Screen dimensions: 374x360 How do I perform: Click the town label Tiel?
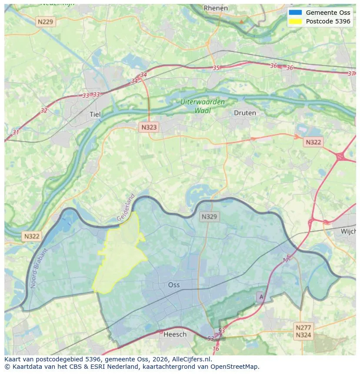click(x=95, y=114)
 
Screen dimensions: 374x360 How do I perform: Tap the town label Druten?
click(x=245, y=113)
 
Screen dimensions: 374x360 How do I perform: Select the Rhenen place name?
click(x=216, y=8)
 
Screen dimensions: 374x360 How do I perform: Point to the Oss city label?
click(x=174, y=285)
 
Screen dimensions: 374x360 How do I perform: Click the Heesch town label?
click(x=175, y=334)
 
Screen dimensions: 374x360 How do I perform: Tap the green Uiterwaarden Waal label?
click(x=203, y=106)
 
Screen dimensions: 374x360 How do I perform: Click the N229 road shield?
click(x=46, y=22)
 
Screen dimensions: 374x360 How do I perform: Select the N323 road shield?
click(x=149, y=127)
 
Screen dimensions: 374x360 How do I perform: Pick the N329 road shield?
click(x=210, y=216)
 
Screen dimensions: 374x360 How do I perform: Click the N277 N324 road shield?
click(x=303, y=331)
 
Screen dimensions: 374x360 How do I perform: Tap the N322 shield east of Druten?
click(x=313, y=142)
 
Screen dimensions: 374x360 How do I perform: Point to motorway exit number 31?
click(x=16, y=132)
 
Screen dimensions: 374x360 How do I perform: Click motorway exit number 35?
click(x=216, y=68)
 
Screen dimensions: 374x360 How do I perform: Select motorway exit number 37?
click(x=351, y=73)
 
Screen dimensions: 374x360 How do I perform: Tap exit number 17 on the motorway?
click(x=286, y=260)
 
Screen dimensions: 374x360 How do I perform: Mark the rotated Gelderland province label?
click(x=126, y=208)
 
